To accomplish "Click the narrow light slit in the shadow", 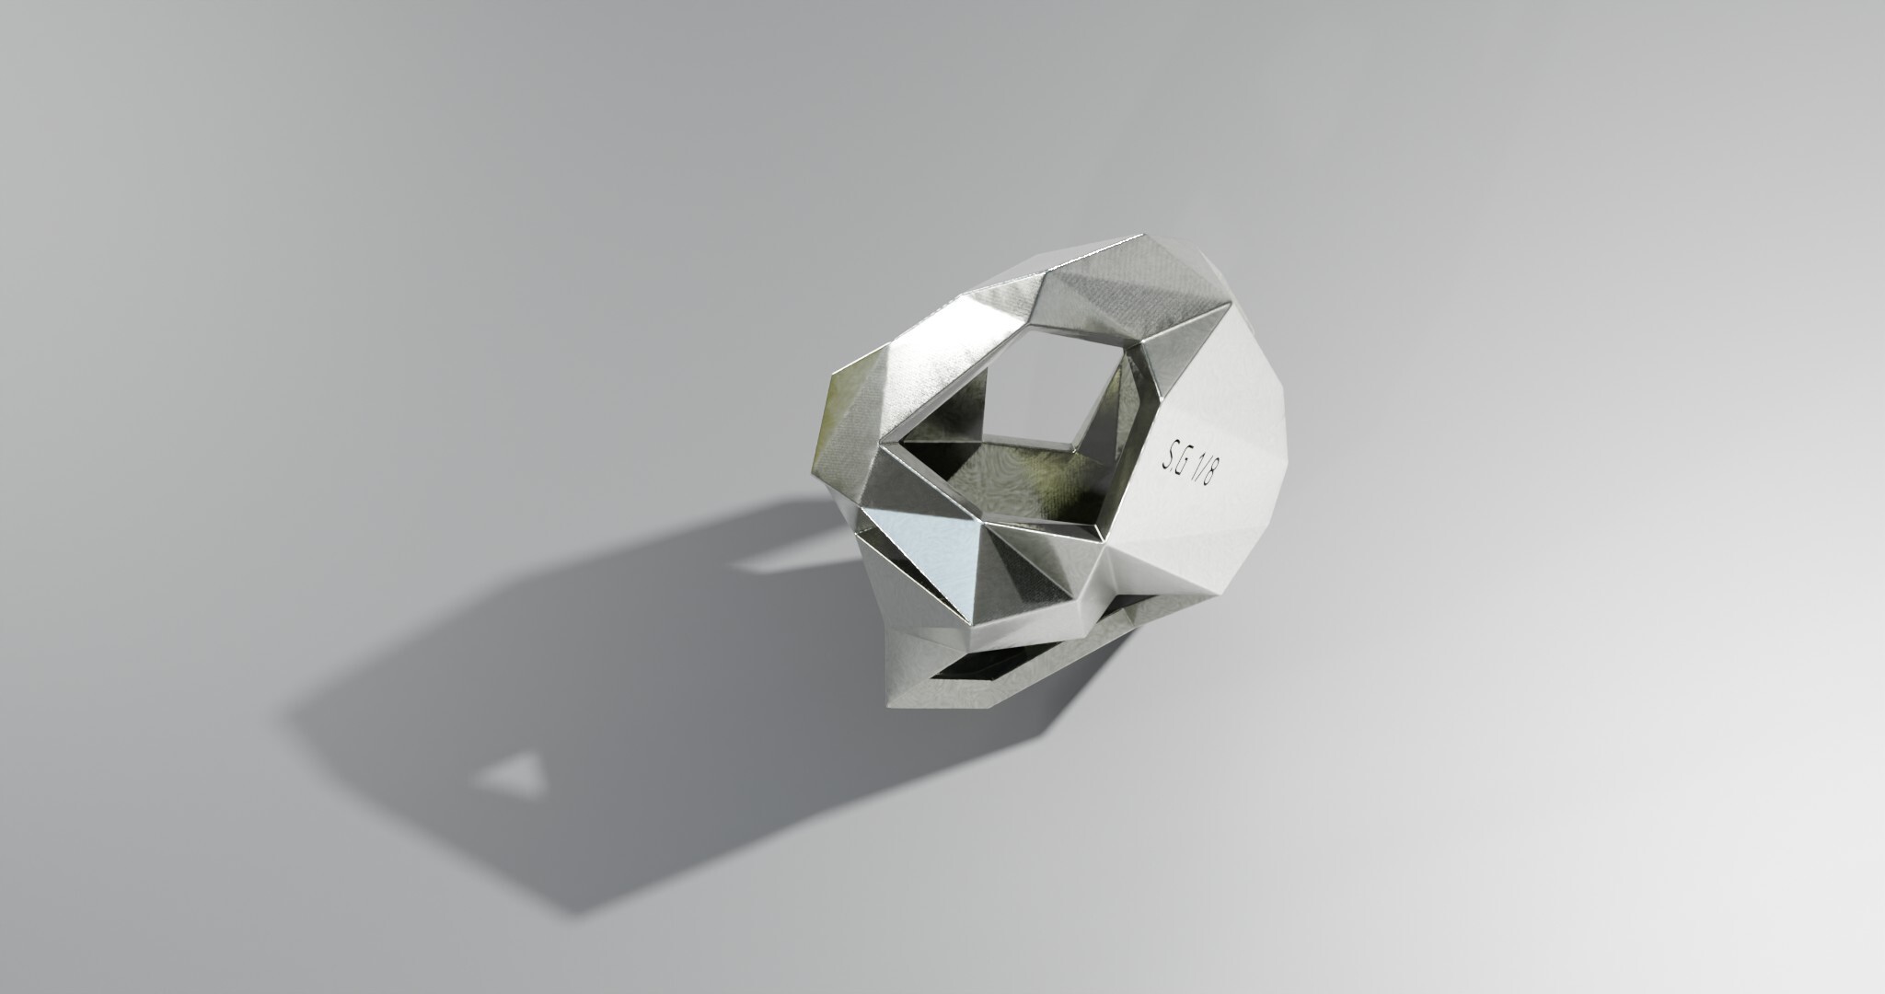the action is [x=774, y=556].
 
